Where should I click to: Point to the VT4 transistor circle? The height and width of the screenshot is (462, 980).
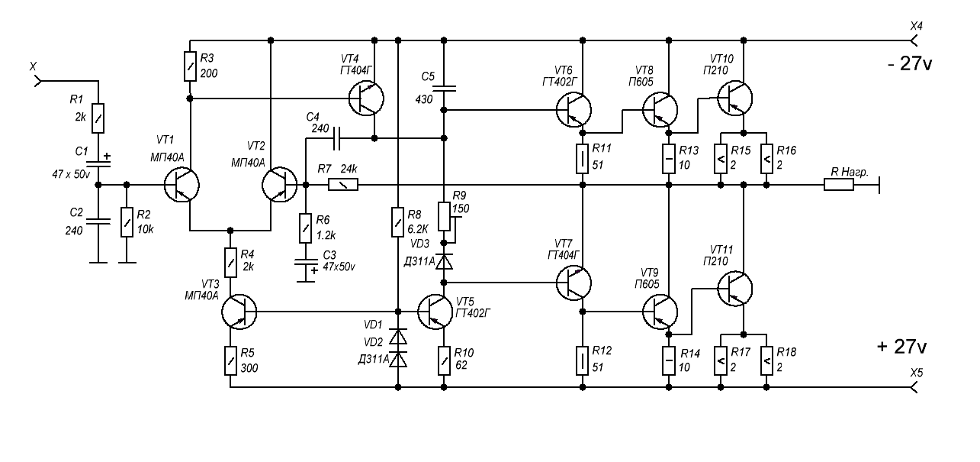coord(367,98)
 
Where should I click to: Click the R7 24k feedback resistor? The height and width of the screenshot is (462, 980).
coord(342,185)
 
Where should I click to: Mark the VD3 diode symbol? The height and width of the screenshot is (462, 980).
coord(445,262)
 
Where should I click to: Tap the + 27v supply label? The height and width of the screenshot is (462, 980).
coord(902,347)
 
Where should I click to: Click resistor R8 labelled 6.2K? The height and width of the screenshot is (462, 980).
coord(397,223)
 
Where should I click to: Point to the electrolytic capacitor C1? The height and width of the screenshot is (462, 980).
coord(98,163)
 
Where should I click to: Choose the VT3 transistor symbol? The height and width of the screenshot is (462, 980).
coord(239,312)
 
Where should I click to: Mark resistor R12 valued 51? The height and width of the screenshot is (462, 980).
coord(582,360)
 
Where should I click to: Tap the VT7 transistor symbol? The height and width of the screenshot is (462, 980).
coord(574,282)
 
